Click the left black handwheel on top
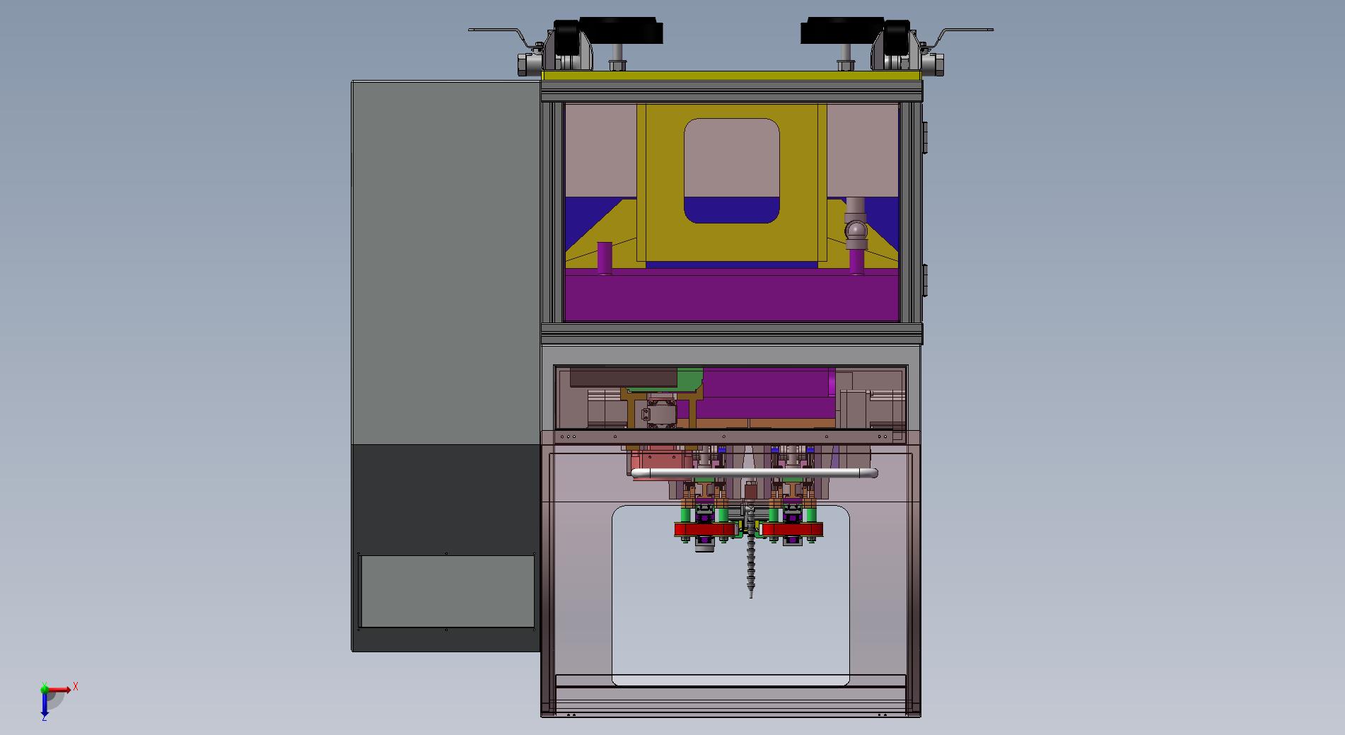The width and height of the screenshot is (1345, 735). tap(620, 30)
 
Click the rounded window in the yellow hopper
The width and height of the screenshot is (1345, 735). tap(732, 170)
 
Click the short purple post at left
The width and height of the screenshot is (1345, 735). tap(605, 258)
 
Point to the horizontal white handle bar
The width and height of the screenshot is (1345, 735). tap(754, 473)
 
